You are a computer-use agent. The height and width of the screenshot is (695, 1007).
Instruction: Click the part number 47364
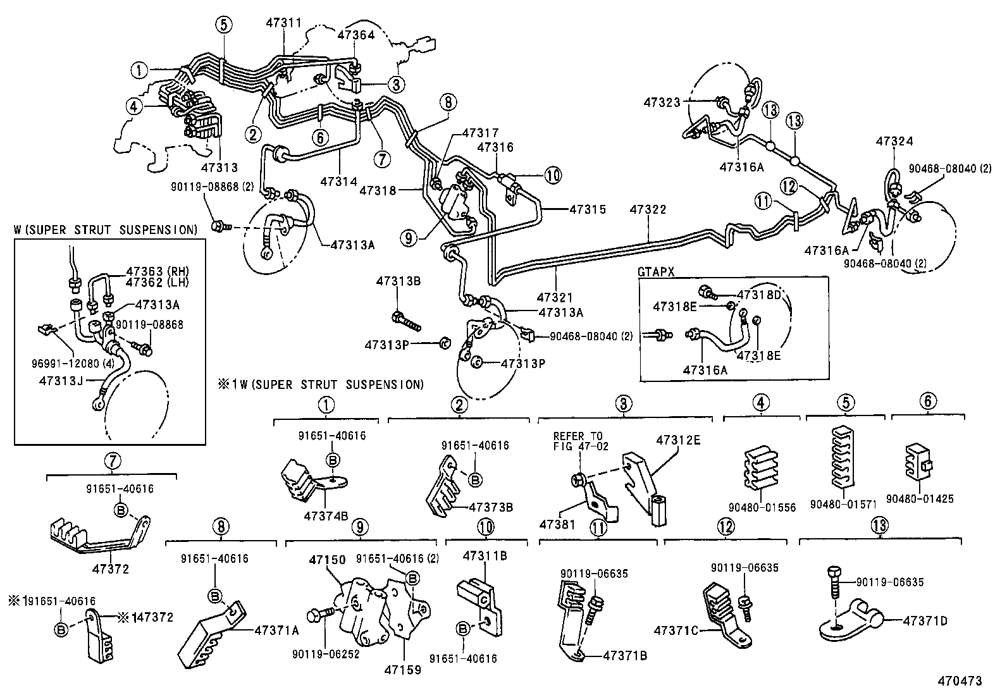tap(356, 35)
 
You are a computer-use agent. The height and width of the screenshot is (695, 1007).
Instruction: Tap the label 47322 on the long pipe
tap(649, 209)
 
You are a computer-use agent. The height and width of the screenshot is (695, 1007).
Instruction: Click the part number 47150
tap(327, 560)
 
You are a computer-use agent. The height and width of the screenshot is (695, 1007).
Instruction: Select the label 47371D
tap(925, 620)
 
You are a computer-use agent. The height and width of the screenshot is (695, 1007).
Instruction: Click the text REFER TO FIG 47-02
tap(578, 441)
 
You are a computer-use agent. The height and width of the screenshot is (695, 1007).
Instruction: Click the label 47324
tap(894, 142)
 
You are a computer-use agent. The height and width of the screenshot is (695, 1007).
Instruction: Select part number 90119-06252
tap(326, 655)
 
